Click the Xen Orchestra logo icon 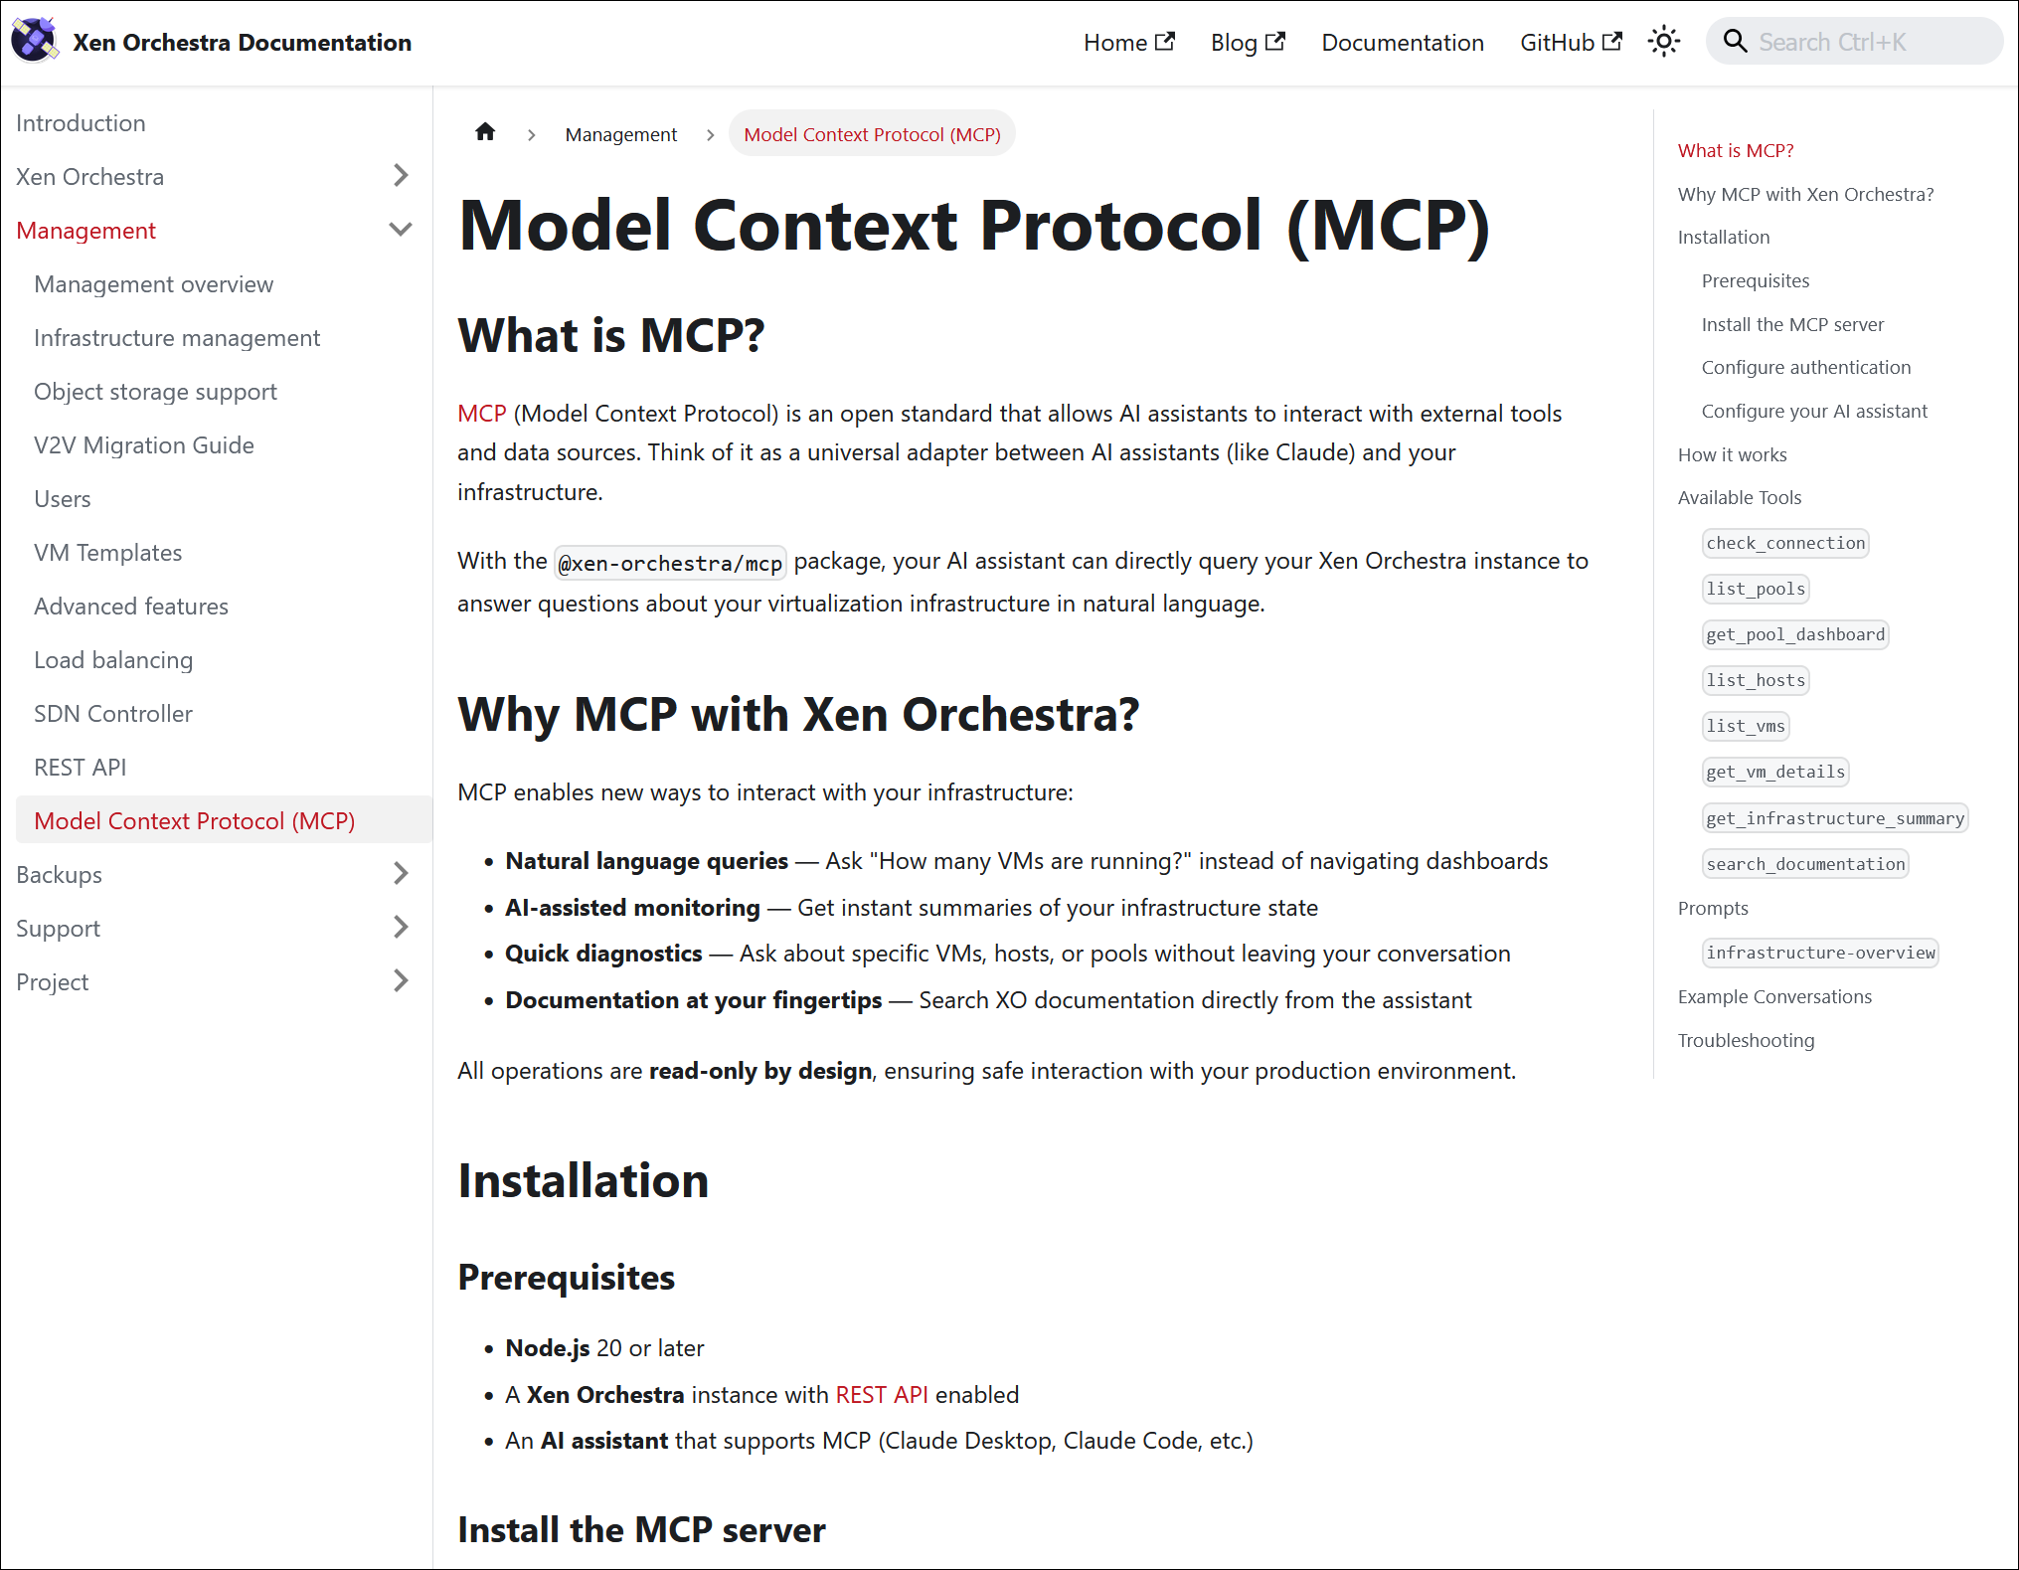(34, 41)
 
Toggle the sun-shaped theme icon (1663, 42)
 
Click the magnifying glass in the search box (1735, 42)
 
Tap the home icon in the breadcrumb (485, 133)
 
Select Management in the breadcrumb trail (620, 134)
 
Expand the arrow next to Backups (401, 874)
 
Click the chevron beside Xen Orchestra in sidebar (401, 176)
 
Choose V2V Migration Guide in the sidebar (144, 445)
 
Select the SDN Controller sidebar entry (113, 714)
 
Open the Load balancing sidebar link (113, 660)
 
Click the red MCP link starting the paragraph (482, 414)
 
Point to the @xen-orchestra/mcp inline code (670, 564)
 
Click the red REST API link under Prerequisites (882, 1395)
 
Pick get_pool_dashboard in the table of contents (1794, 634)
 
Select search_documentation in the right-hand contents (1805, 864)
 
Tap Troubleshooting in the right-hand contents (1746, 1040)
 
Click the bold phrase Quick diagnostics (603, 954)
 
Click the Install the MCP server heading (641, 1530)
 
